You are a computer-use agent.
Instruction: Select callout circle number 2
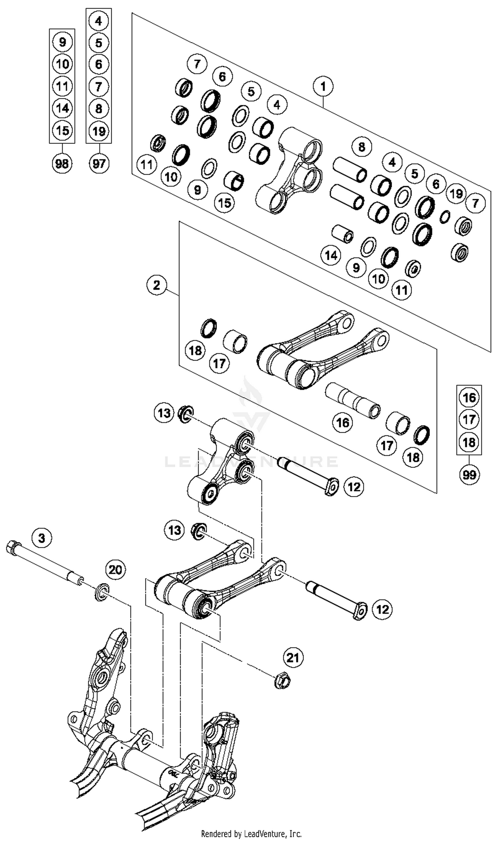tap(156, 285)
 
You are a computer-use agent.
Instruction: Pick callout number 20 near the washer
tap(115, 570)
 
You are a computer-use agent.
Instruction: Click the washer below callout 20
tap(101, 592)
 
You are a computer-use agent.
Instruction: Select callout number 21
tap(293, 658)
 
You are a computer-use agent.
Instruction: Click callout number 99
tap(469, 475)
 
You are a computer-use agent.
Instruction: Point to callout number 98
tap(62, 164)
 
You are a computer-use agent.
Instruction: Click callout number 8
tap(362, 147)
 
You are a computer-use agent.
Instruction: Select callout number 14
tap(331, 255)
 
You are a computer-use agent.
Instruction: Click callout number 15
tap(224, 203)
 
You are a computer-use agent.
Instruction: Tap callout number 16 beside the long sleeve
tap(342, 423)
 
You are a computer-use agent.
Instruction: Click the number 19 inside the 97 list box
tap(99, 131)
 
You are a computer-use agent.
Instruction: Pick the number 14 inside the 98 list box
tap(62, 108)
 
